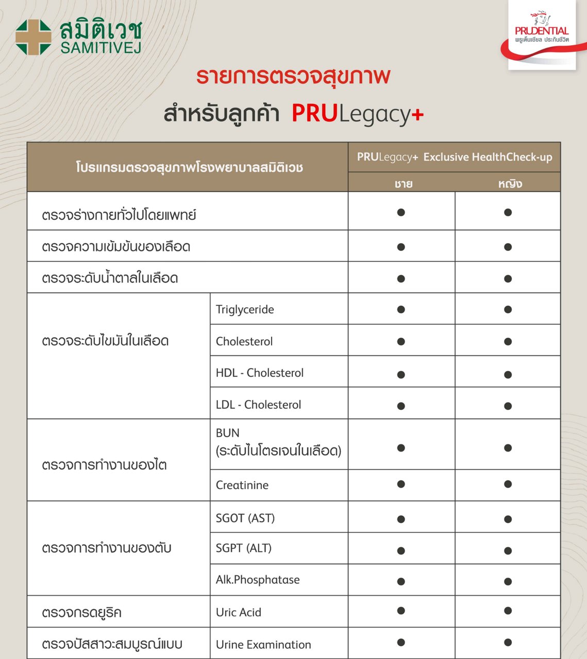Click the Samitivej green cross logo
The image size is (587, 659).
click(x=33, y=37)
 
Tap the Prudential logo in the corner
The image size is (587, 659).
click(x=542, y=34)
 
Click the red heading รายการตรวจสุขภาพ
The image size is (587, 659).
click(x=293, y=76)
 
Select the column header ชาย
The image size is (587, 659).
click(x=403, y=184)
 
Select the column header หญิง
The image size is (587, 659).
click(x=510, y=184)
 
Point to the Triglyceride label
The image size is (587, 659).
click(x=245, y=309)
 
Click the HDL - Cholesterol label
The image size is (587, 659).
click(x=260, y=373)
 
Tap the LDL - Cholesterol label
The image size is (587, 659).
click(x=258, y=405)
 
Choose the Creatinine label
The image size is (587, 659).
click(x=242, y=485)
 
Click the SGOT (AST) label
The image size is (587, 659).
click(x=245, y=518)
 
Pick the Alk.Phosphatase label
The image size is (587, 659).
click(x=258, y=580)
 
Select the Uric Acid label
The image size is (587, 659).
click(x=239, y=612)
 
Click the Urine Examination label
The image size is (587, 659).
click(x=263, y=645)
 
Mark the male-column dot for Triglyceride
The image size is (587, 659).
click(x=401, y=309)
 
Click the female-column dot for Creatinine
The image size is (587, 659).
click(x=508, y=484)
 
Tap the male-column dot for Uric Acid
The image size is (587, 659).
click(x=401, y=611)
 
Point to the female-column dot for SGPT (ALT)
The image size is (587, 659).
click(x=508, y=550)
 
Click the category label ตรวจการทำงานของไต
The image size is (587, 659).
click(x=104, y=465)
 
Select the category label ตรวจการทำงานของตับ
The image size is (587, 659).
click(x=107, y=548)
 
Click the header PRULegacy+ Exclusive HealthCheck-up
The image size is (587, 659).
click(x=454, y=157)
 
